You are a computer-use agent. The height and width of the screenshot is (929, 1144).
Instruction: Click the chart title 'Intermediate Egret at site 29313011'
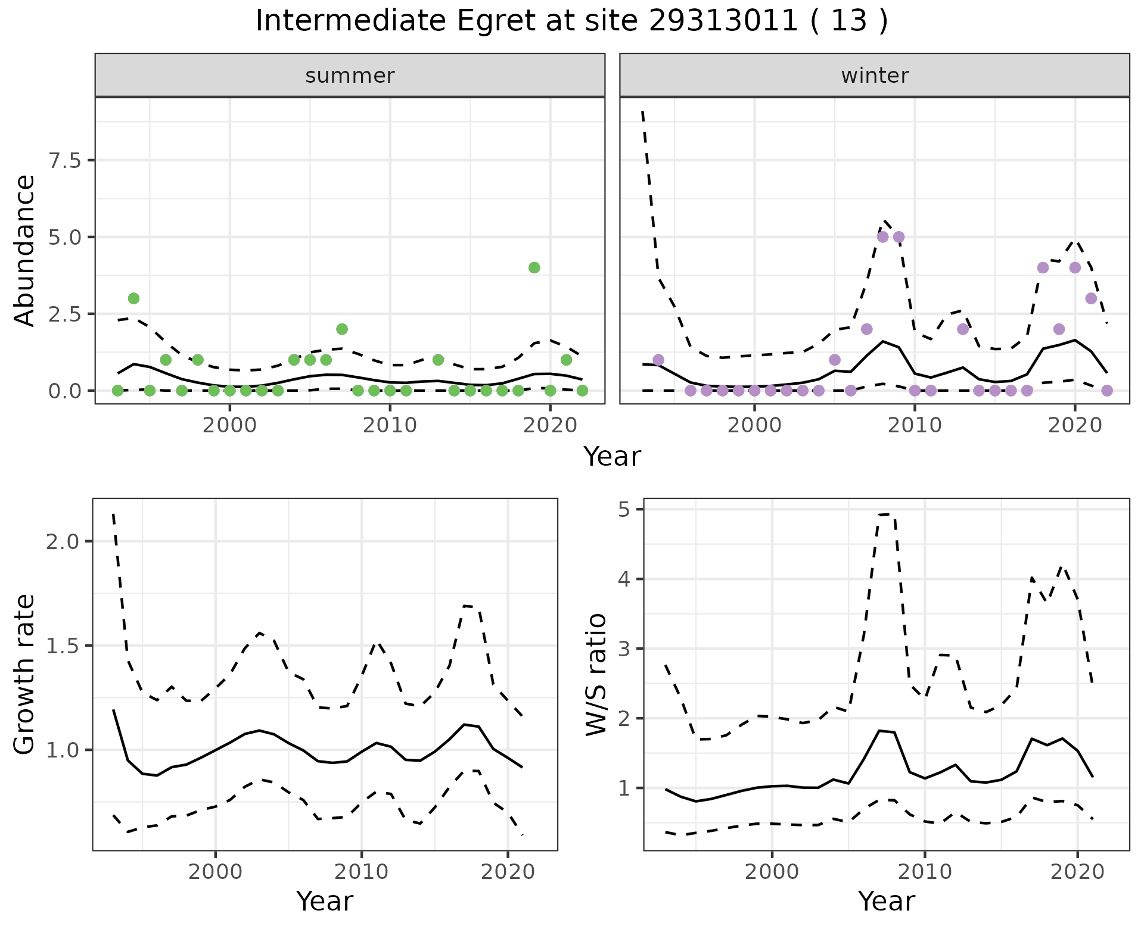pos(571,21)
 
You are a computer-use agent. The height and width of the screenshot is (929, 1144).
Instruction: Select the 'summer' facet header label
pos(350,76)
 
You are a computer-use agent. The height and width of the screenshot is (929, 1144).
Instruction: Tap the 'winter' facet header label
pos(875,76)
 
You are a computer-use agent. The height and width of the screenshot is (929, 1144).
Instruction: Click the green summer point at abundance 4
pos(534,267)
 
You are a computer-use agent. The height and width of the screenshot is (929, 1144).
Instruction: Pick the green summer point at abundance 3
pos(133,298)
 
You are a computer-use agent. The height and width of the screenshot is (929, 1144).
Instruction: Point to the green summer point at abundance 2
pos(341,329)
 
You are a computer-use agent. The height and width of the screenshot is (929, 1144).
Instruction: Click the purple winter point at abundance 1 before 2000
pos(658,360)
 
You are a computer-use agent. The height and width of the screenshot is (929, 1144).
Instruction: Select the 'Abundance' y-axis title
pos(25,251)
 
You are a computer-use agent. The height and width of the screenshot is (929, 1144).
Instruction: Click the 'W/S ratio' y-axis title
pos(596,674)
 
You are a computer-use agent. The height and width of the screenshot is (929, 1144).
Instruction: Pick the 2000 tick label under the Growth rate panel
pos(215,872)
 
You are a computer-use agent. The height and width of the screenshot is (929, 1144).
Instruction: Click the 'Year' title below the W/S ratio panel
pos(886,901)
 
